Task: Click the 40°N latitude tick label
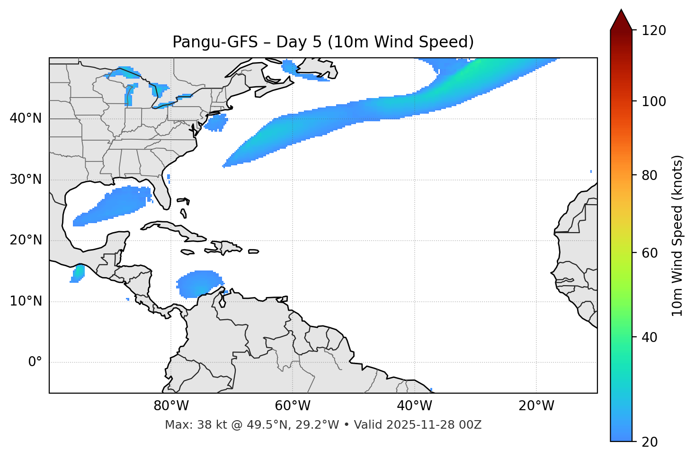26,118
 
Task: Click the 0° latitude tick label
35,362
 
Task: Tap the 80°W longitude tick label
171,406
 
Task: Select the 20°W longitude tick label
536,406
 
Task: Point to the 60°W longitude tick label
293,406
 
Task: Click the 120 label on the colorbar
654,31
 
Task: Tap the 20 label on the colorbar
650,442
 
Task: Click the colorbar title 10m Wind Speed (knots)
677,235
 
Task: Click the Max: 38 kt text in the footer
190,425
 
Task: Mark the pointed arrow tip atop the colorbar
621,10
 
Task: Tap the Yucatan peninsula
116,242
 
